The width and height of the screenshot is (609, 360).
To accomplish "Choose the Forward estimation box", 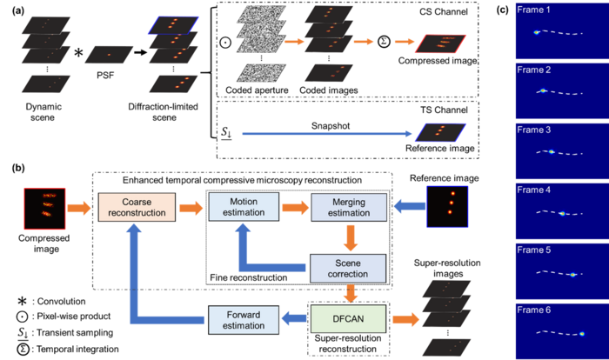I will point(242,319).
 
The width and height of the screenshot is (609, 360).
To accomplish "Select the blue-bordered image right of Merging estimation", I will point(447,206).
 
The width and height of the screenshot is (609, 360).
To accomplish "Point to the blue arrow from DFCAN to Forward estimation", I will point(293,319).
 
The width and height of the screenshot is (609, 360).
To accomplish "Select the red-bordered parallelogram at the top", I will point(442,43).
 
